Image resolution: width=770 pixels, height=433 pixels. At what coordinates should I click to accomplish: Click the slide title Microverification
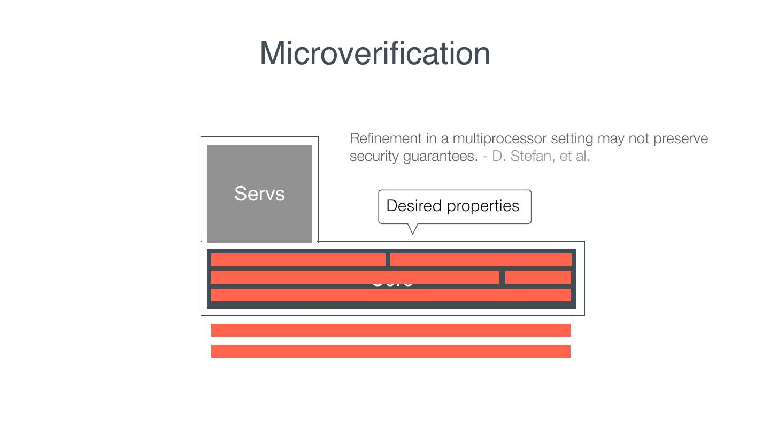click(375, 53)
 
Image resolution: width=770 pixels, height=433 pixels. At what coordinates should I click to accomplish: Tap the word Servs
click(259, 194)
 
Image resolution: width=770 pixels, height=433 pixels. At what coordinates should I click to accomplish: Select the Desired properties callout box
click(455, 206)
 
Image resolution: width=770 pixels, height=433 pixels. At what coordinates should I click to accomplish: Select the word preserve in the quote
click(680, 138)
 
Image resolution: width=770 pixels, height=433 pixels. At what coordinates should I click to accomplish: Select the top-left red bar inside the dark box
click(298, 260)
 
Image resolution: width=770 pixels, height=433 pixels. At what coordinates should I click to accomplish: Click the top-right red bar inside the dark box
click(481, 260)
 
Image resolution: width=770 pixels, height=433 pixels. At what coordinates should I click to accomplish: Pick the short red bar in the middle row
click(538, 277)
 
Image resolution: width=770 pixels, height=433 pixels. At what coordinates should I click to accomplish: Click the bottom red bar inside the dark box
click(391, 295)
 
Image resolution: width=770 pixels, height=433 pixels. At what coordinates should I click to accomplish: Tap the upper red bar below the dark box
click(391, 330)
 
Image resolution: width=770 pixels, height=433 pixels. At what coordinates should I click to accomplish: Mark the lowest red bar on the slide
click(391, 351)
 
